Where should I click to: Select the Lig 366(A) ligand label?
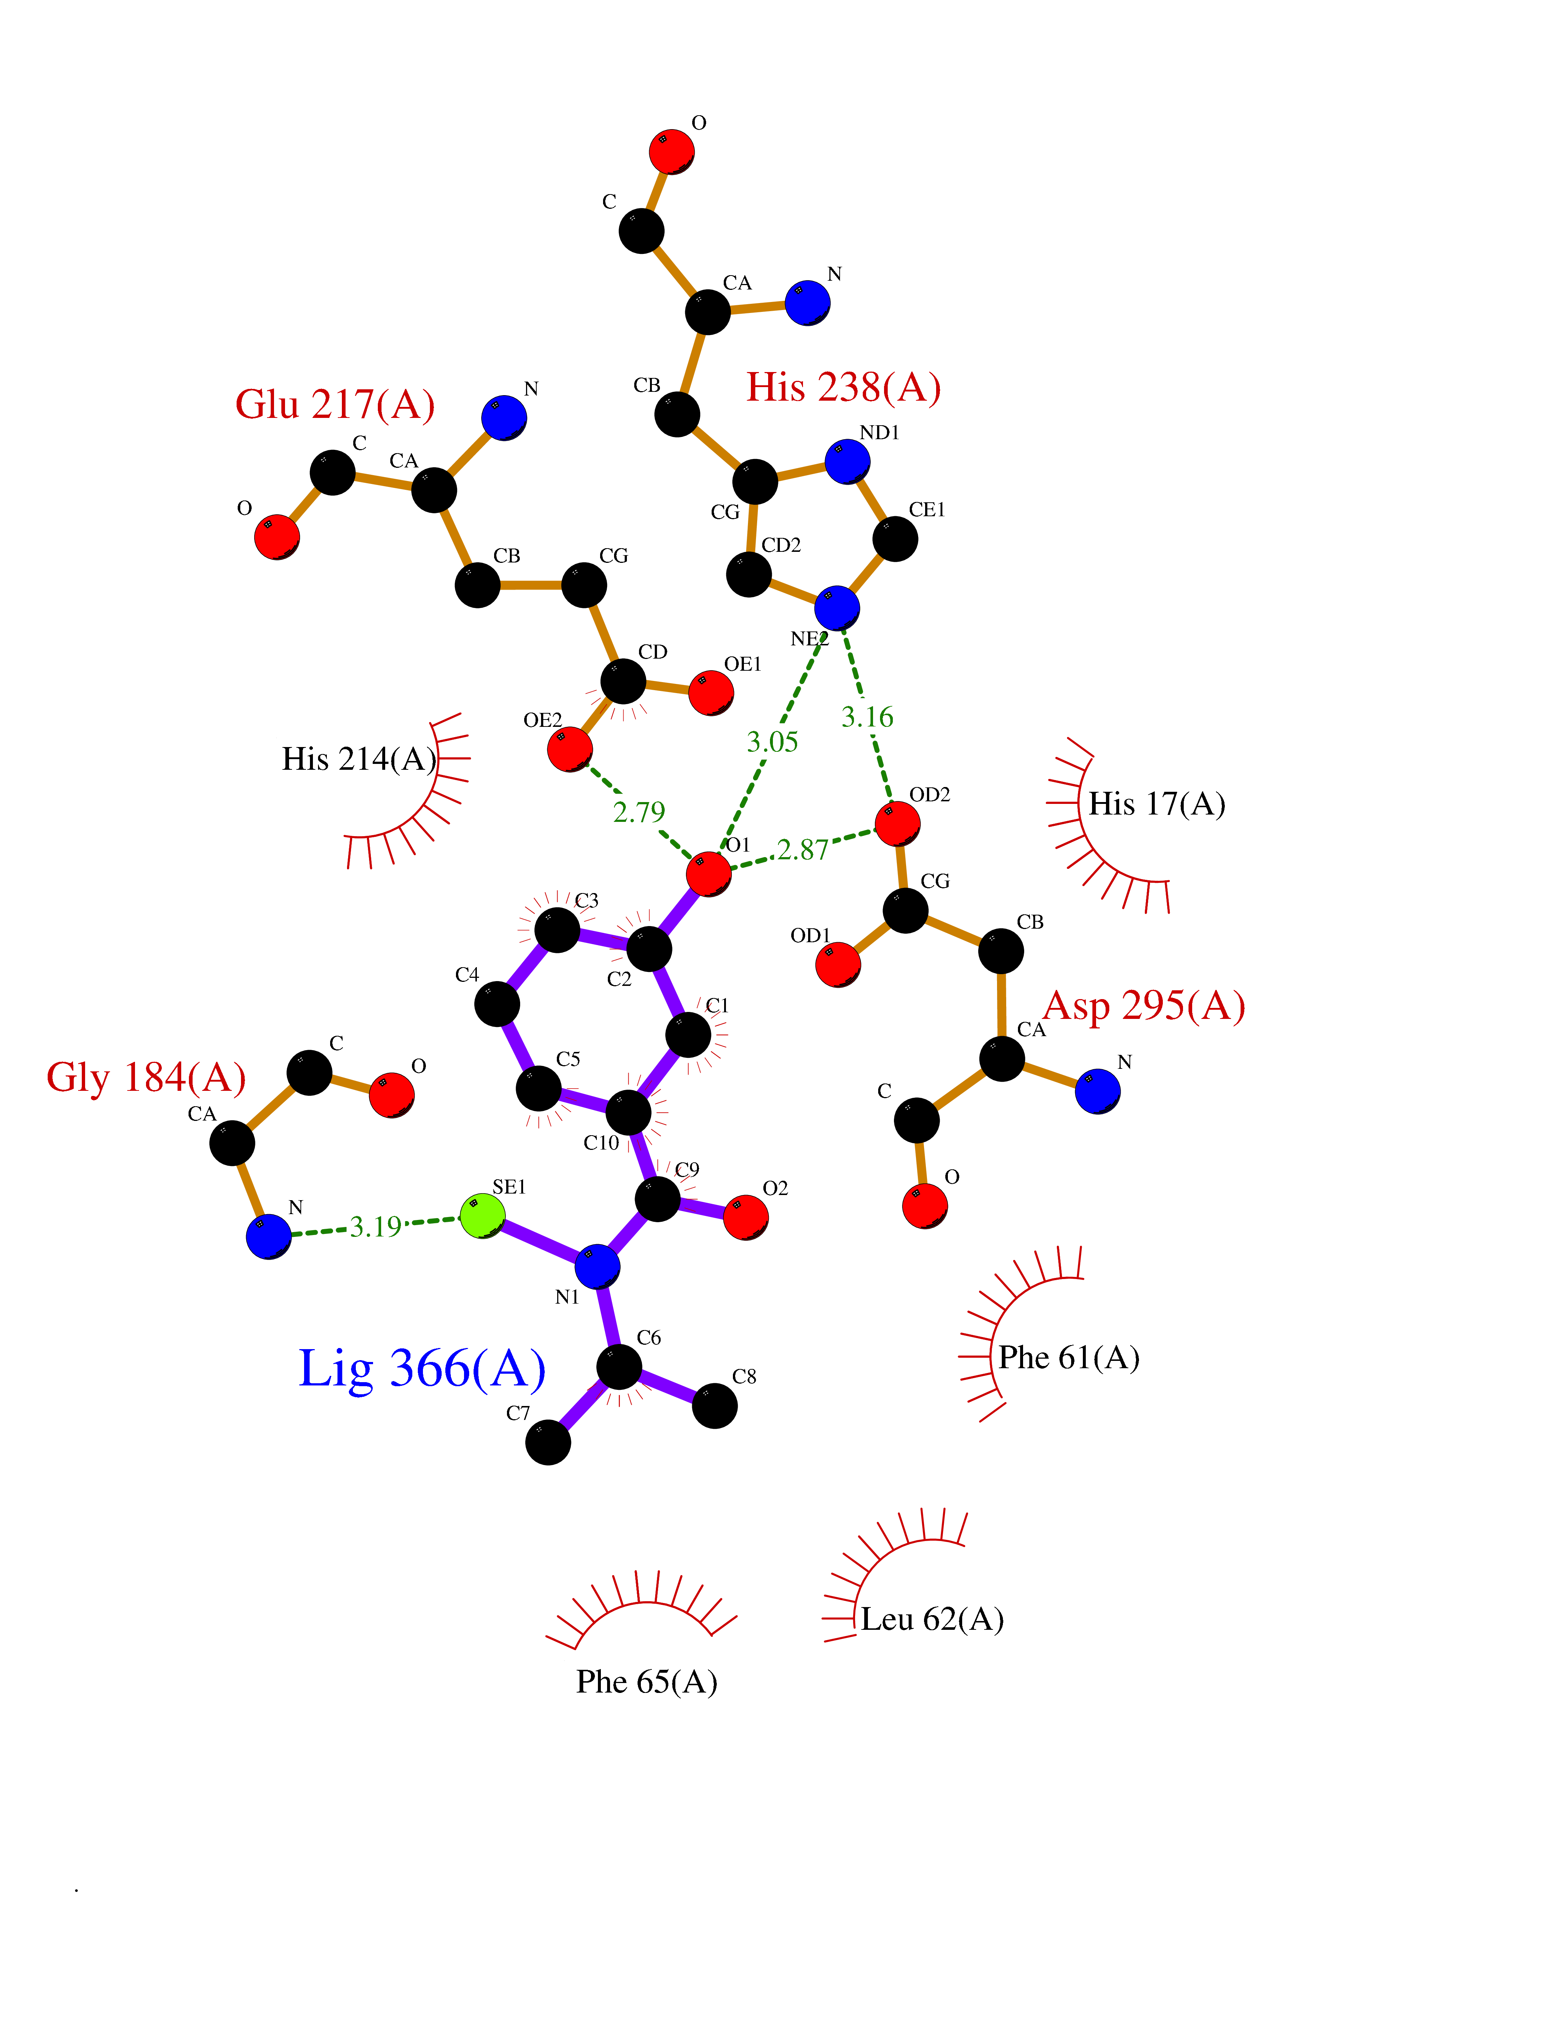(422, 1369)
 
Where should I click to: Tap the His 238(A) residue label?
(843, 387)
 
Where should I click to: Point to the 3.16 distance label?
(867, 717)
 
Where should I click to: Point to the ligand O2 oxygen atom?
(745, 1217)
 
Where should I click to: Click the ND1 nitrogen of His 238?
(847, 461)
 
